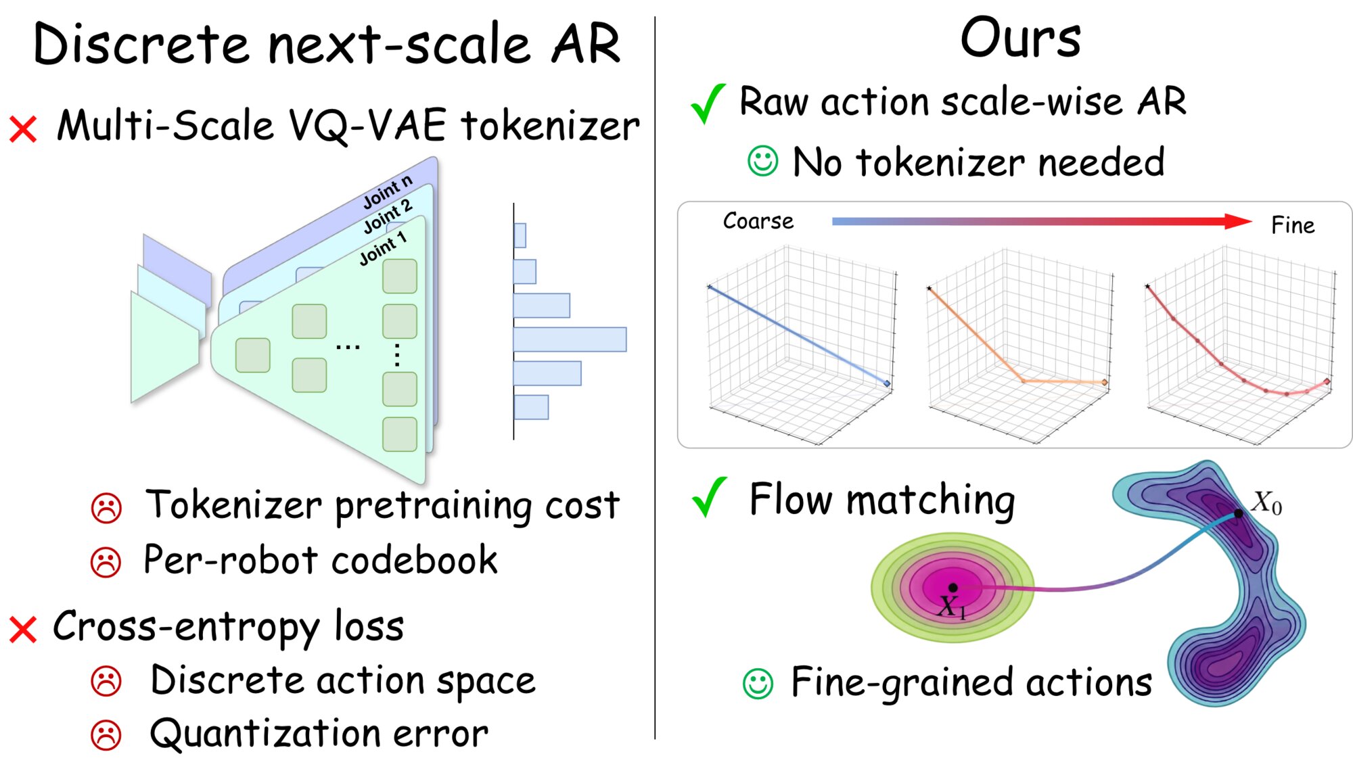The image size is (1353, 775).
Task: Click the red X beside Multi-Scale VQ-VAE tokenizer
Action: [23, 128]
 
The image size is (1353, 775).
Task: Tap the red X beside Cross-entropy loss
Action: [23, 629]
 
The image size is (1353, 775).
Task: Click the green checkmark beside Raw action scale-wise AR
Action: [708, 103]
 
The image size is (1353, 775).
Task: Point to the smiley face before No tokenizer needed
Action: [762, 161]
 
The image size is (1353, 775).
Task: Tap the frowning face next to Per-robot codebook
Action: [106, 561]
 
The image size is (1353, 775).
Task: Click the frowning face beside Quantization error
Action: [106, 735]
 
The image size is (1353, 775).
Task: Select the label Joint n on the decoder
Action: [387, 191]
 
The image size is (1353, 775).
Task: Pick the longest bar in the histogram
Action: [570, 339]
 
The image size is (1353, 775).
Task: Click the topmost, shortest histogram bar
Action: [520, 235]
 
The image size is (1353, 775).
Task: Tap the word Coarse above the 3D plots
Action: [758, 221]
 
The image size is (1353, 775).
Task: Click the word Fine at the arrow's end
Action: [1292, 225]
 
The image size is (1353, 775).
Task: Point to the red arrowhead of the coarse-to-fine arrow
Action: [1238, 221]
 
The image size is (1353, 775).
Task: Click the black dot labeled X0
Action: [1238, 513]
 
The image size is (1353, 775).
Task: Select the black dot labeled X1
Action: [953, 587]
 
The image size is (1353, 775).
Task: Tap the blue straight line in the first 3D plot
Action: [798, 335]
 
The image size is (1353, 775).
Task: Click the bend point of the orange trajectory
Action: [1023, 381]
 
